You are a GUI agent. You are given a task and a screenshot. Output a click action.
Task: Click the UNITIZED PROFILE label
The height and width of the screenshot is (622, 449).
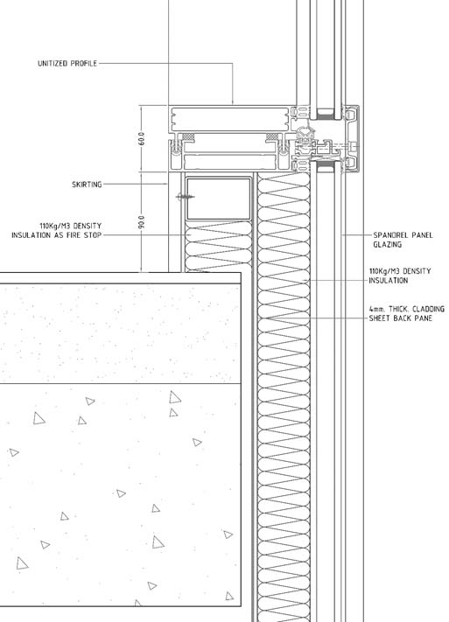(67, 64)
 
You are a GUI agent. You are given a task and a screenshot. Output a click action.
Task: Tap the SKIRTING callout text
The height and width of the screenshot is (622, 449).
(87, 185)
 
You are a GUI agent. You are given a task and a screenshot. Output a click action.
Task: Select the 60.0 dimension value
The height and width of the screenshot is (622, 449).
(142, 138)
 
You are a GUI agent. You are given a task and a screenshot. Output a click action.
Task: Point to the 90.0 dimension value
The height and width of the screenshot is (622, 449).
(142, 222)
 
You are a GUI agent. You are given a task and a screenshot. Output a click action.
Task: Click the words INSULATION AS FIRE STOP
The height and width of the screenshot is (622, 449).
(56, 235)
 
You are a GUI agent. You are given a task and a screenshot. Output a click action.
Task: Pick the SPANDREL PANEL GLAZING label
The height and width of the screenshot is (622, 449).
(403, 240)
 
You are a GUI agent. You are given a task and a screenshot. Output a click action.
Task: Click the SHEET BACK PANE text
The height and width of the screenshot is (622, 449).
(401, 318)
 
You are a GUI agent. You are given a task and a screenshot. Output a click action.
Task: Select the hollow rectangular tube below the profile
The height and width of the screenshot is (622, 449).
(219, 199)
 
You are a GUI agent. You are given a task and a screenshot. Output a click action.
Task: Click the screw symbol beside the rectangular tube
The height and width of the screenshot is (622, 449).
(185, 197)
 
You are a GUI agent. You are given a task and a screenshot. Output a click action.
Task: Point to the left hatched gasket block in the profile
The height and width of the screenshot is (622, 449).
(188, 136)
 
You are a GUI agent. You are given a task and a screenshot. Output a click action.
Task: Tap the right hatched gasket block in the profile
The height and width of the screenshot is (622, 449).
(272, 136)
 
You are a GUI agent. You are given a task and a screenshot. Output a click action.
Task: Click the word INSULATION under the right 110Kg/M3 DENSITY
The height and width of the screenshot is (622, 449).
(389, 281)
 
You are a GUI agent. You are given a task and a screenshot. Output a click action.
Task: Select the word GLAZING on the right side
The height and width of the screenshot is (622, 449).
(387, 245)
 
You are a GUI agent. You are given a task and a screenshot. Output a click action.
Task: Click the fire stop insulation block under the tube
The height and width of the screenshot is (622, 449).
(219, 246)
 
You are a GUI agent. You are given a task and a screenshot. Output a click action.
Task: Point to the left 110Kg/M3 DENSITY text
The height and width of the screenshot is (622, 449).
(71, 226)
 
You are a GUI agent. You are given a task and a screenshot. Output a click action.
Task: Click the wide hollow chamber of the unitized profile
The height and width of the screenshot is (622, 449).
(230, 118)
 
